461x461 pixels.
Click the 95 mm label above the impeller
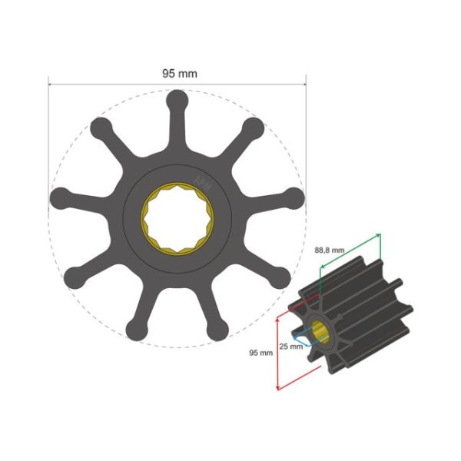click(x=179, y=74)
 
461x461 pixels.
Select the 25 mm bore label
click(x=290, y=345)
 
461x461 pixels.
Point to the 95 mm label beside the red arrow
click(x=261, y=353)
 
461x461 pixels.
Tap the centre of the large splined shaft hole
click(x=177, y=219)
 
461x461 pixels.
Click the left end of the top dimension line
click(x=48, y=82)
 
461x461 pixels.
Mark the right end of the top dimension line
click(x=306, y=82)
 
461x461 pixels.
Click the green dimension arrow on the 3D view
click(x=350, y=250)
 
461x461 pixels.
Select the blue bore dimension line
click(x=305, y=337)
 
